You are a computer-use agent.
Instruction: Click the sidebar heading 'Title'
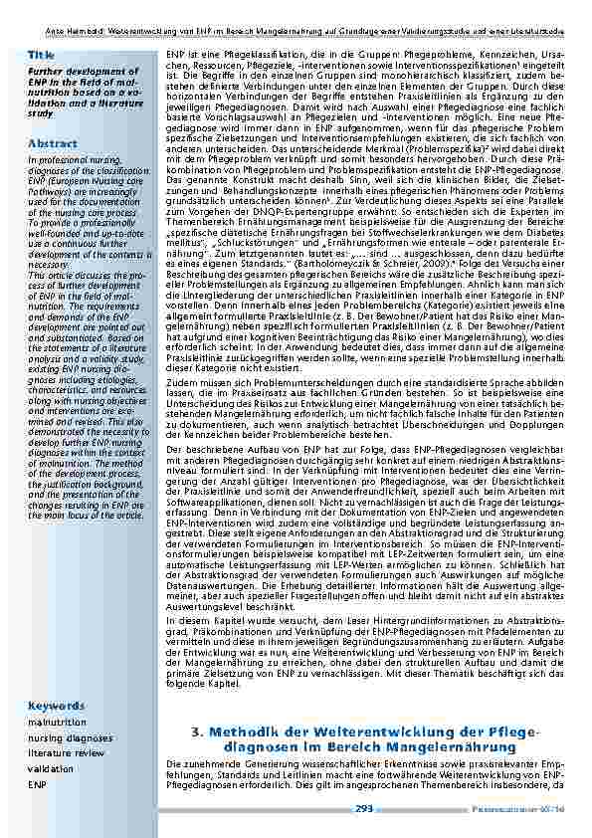pyautogui.click(x=41, y=53)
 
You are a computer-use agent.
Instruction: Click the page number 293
pyautogui.click(x=364, y=809)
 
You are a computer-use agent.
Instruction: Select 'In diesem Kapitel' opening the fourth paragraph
pyautogui.click(x=204, y=647)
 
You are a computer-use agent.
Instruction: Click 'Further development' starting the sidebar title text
pyautogui.click(x=65, y=73)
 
